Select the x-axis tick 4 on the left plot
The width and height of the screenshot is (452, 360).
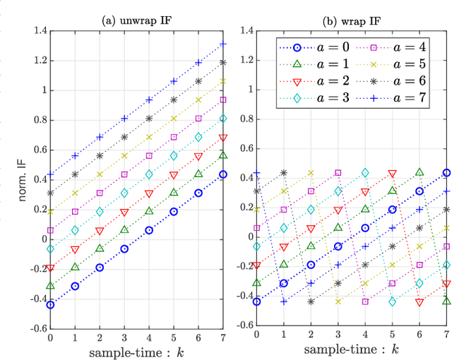pyautogui.click(x=148, y=337)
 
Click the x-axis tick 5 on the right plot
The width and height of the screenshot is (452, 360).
pyautogui.click(x=392, y=337)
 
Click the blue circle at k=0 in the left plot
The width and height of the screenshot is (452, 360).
pyautogui.click(x=50, y=304)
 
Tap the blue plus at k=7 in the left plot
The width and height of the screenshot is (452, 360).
pyautogui.click(x=223, y=44)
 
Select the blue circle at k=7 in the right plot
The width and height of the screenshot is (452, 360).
pyautogui.click(x=446, y=173)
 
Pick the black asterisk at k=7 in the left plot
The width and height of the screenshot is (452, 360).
pyautogui.click(x=223, y=62)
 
